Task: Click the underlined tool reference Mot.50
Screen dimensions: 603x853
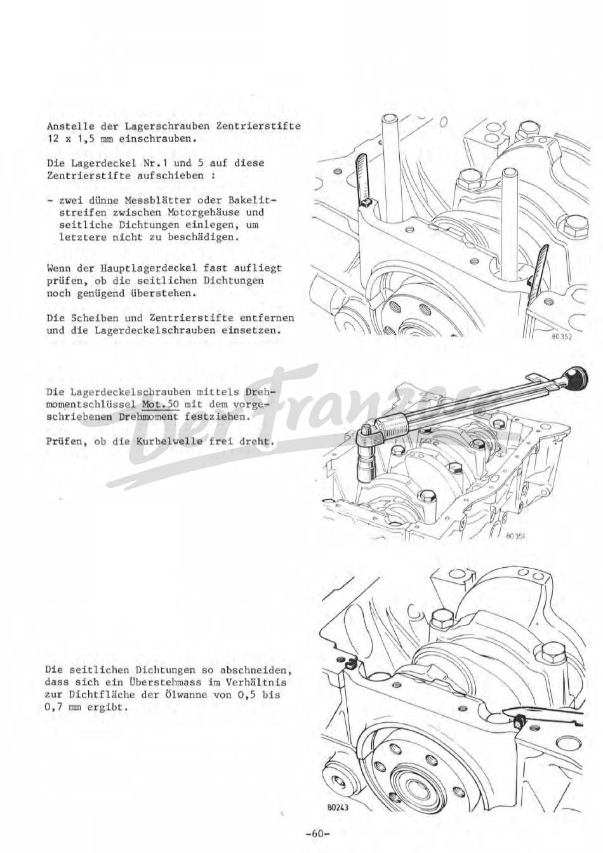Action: (160, 404)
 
